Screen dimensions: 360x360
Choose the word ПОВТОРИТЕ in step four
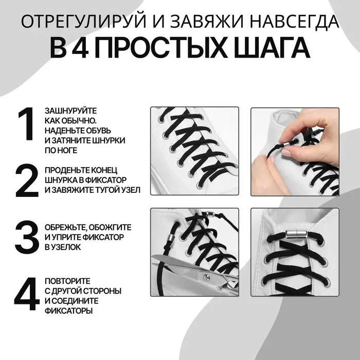[x=68, y=281]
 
